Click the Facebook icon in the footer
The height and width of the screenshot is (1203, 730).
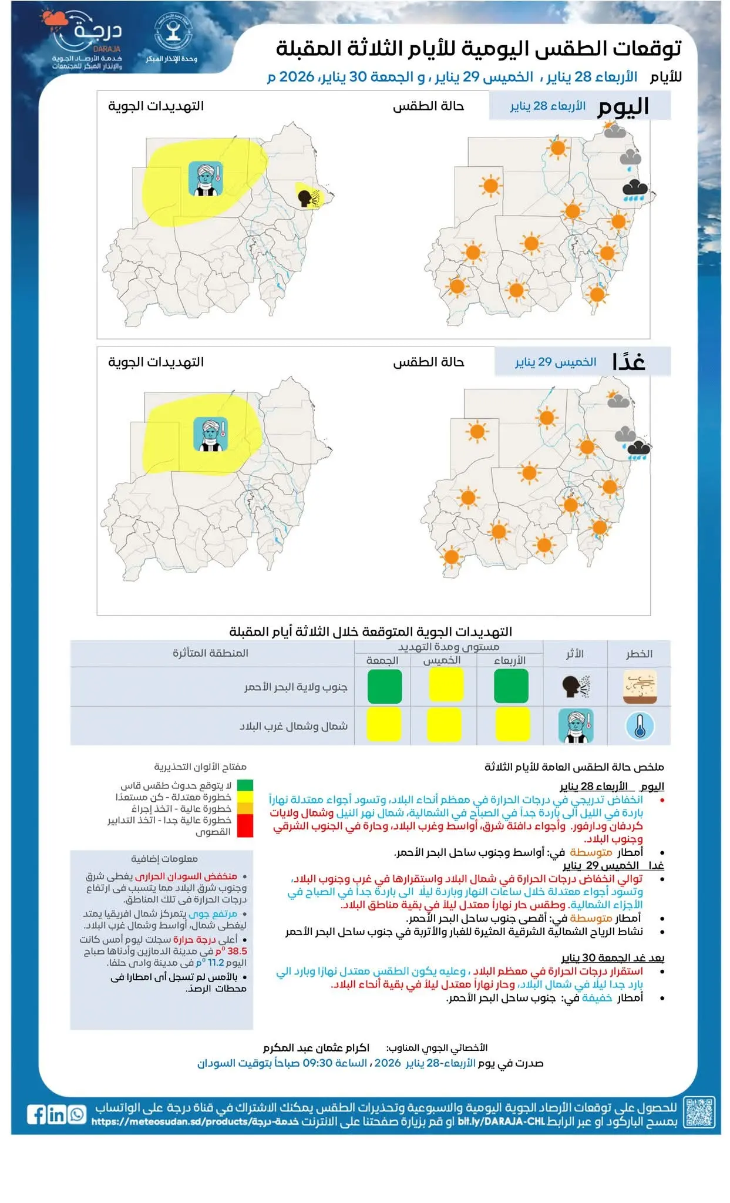click(x=36, y=1114)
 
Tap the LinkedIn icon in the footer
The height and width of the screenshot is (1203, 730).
click(x=56, y=1114)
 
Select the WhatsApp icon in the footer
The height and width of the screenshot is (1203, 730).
click(x=76, y=1114)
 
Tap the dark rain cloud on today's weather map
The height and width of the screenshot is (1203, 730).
click(x=635, y=190)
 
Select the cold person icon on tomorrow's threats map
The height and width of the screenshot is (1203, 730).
click(x=210, y=434)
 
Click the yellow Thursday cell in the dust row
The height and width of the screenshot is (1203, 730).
click(x=445, y=685)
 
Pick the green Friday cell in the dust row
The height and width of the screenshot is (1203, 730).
click(x=385, y=686)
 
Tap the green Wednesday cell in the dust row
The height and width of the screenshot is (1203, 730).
click(x=511, y=686)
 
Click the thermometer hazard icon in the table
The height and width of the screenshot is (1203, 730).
click(x=640, y=725)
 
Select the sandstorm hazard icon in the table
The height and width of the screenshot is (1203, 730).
click(x=640, y=686)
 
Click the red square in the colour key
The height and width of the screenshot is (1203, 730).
click(x=245, y=825)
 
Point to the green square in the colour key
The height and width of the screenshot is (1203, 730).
click(x=245, y=785)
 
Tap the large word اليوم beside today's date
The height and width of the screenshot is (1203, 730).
click(x=623, y=107)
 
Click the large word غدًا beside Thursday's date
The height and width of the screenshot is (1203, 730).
click(x=628, y=362)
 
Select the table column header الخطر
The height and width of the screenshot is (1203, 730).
click(x=639, y=654)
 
